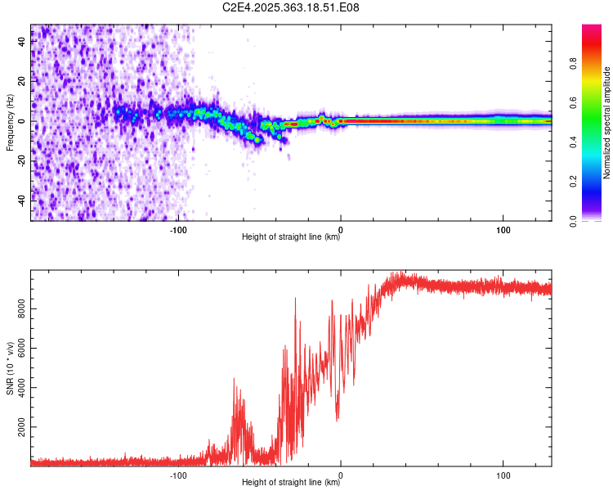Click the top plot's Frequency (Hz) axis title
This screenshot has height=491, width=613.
(x=11, y=124)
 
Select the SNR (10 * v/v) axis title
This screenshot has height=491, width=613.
(x=11, y=369)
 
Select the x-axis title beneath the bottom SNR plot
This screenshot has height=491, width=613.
(x=291, y=483)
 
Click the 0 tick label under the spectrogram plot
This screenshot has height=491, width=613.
(x=341, y=230)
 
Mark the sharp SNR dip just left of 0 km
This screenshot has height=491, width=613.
(x=338, y=420)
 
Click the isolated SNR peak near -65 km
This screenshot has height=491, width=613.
(x=235, y=380)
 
